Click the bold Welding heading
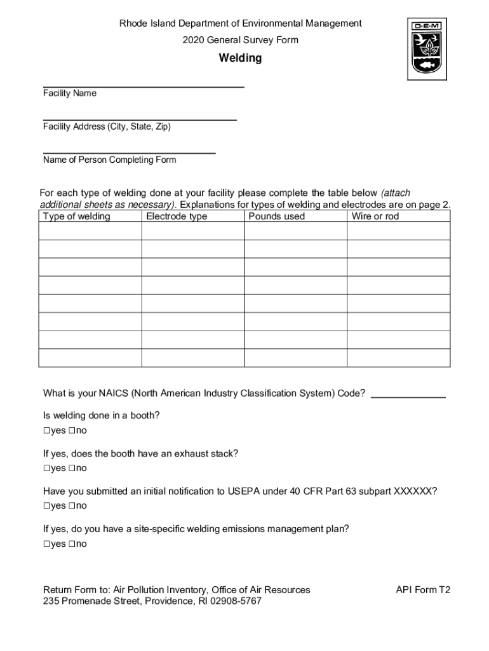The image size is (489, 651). tap(240, 58)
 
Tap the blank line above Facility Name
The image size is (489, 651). tap(144, 86)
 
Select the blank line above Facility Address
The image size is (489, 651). tap(140, 119)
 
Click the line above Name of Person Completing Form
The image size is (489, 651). tap(129, 153)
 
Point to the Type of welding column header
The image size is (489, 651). tap(76, 216)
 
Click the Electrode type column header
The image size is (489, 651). tap(177, 216)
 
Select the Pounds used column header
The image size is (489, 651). tap(276, 216)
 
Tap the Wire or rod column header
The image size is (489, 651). tap(375, 216)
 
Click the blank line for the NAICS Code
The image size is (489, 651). tap(408, 396)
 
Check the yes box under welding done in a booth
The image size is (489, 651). tap(47, 431)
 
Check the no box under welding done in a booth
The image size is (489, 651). tap(72, 431)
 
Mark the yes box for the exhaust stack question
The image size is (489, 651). tap(47, 469)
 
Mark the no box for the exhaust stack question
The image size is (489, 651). tap(72, 469)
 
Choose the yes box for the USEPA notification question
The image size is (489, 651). tap(47, 506)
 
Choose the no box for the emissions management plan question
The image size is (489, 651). tap(72, 544)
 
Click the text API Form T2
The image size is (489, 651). tap(423, 590)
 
